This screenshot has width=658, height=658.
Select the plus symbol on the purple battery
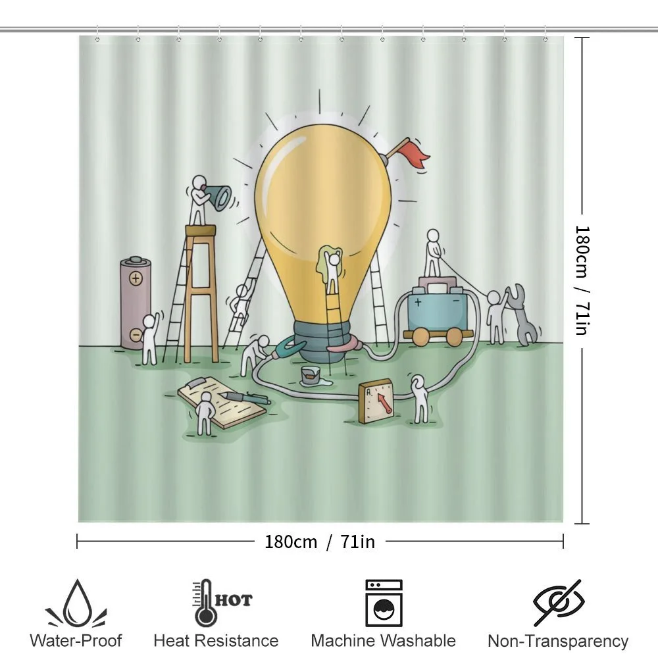135,278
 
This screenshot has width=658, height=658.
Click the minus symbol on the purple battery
135,334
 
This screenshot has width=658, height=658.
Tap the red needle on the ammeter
384,403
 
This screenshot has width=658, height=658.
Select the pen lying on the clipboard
246,398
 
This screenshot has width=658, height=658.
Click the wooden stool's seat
201,230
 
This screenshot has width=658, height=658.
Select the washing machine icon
384,603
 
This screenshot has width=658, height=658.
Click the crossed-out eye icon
559,603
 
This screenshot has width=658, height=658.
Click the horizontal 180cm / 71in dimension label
320,542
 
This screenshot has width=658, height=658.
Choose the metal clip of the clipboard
196,383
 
